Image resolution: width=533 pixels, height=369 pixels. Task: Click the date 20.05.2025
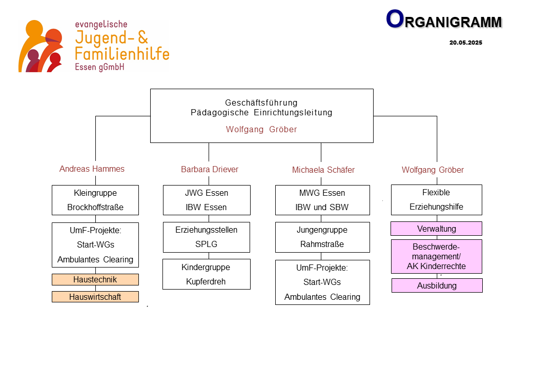466,43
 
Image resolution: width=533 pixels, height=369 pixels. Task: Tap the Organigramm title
444,20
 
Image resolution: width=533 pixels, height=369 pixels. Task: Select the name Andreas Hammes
92,169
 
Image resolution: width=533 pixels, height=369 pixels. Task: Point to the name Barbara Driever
210,169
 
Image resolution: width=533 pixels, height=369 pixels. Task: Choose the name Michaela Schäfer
323,170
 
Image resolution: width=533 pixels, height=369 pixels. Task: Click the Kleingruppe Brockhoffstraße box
95,200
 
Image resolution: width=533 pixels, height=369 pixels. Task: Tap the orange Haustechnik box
95,279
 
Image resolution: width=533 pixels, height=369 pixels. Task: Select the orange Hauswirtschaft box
95,297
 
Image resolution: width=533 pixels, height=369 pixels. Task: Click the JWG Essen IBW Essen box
207,200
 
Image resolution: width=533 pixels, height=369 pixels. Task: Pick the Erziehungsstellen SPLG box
207,237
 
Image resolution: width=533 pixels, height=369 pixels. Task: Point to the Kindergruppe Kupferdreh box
207,274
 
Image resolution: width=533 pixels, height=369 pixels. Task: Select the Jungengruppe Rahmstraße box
322,237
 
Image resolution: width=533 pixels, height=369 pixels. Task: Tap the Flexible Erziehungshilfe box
436,199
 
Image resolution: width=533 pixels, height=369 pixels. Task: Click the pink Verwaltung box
436,229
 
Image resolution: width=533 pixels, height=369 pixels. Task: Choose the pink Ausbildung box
437,285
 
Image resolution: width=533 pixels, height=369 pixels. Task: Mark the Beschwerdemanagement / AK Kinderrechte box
436,256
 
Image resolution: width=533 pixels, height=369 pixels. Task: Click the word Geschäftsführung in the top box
261,103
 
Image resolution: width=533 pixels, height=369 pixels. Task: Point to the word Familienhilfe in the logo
122,53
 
